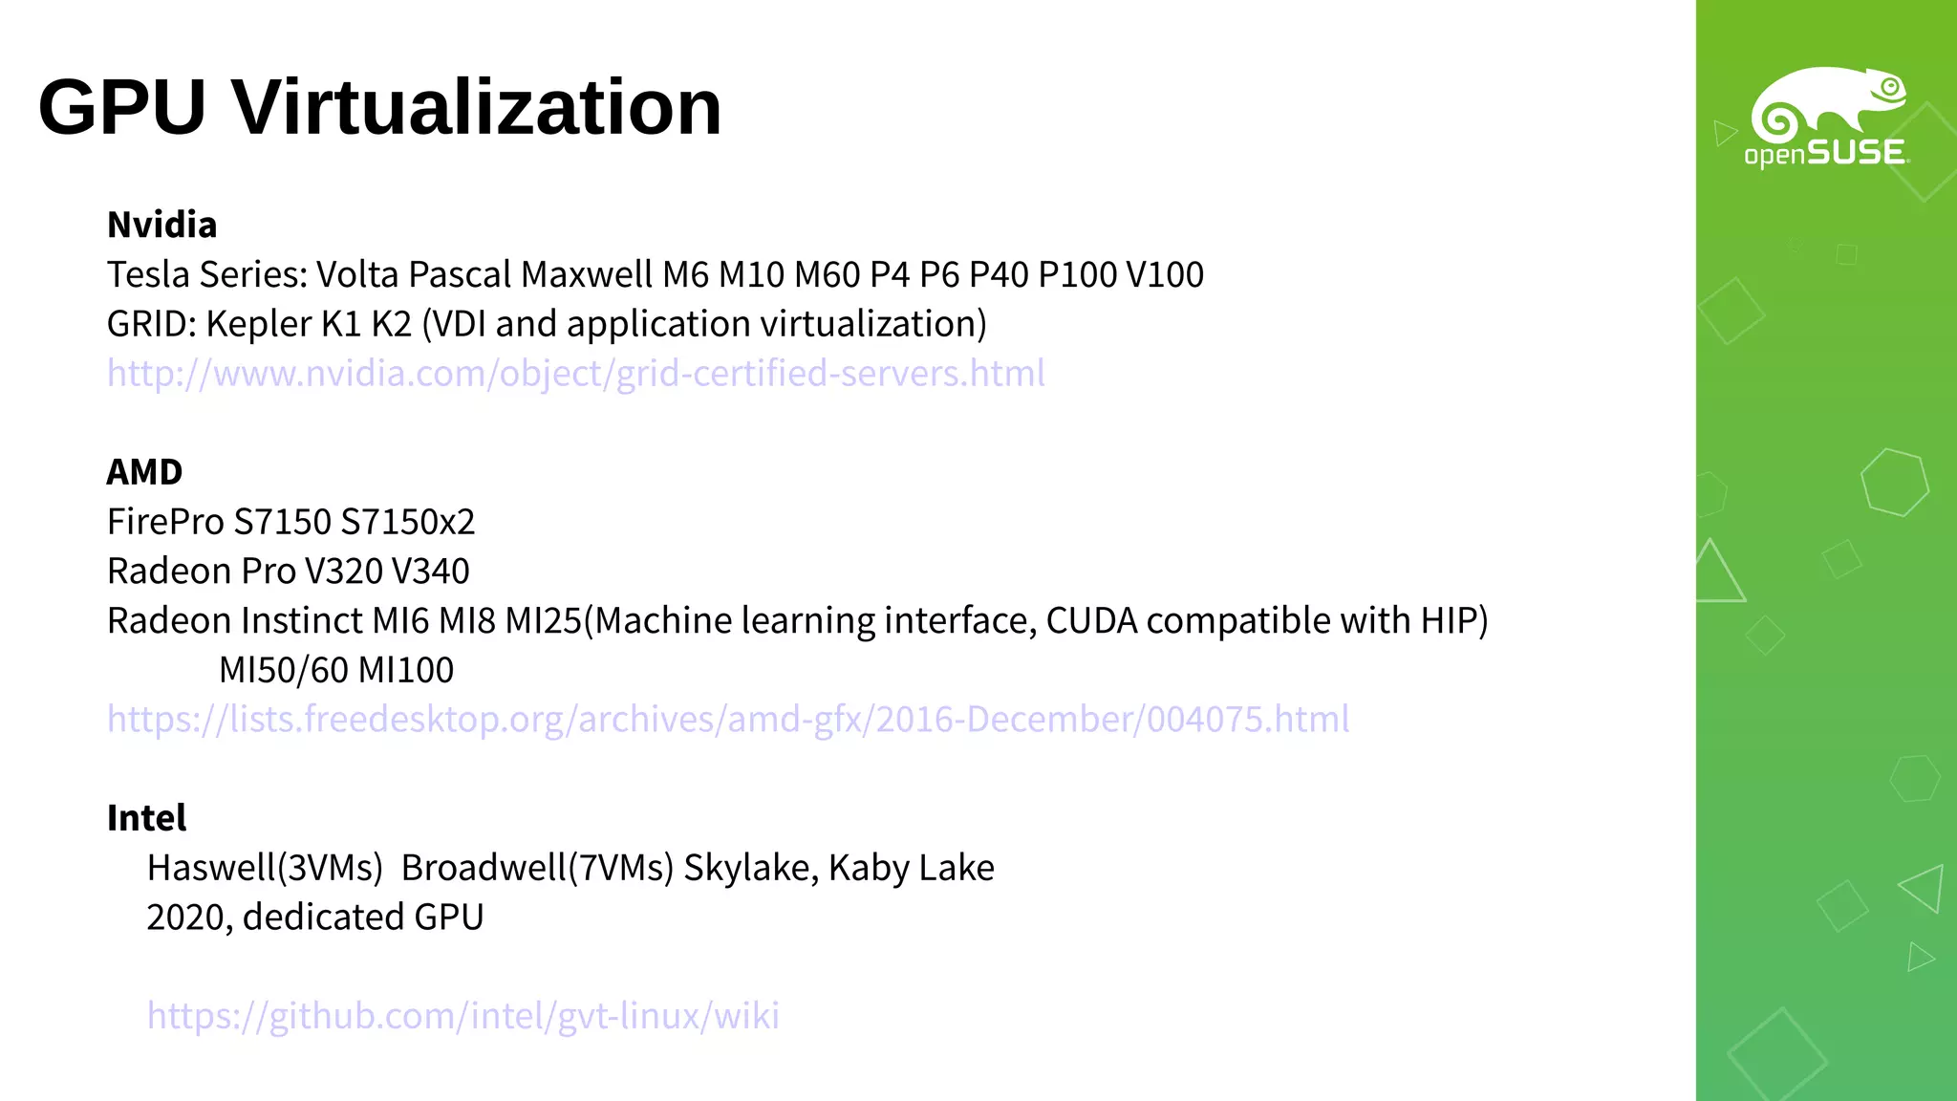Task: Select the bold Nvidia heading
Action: (162, 226)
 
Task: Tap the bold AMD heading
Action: (144, 472)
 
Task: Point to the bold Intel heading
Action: (146, 818)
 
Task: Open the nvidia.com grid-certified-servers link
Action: (575, 373)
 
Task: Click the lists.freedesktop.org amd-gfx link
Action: (727, 719)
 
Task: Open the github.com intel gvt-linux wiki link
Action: (462, 1015)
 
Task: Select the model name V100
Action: (1165, 275)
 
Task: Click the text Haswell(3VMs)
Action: (265, 868)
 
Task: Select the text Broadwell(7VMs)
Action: (537, 868)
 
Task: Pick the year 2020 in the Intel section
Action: (188, 917)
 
